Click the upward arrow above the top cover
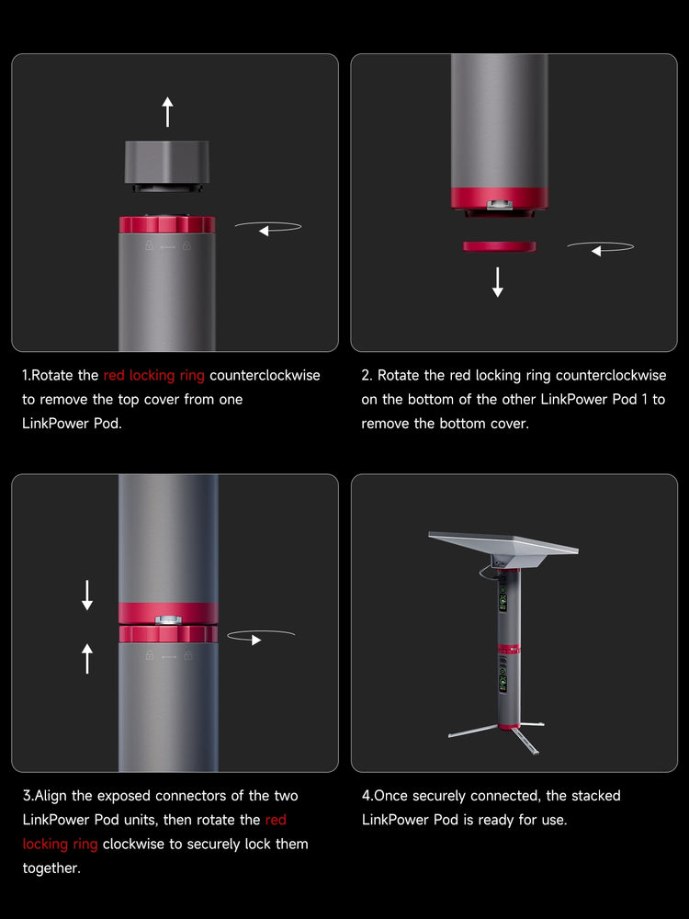click(167, 112)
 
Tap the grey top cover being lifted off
click(167, 166)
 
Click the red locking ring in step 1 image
click(167, 224)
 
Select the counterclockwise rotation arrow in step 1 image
click(268, 227)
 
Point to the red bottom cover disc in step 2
click(499, 246)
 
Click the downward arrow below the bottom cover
click(497, 282)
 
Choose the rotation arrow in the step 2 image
click(601, 248)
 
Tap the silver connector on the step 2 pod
click(499, 204)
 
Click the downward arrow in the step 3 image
click(87, 595)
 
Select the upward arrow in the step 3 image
click(87, 658)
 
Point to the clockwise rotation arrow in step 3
click(261, 637)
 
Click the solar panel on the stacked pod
click(503, 543)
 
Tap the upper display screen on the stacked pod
click(503, 602)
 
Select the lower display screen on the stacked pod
click(503, 683)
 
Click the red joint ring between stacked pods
click(509, 649)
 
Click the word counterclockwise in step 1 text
click(265, 375)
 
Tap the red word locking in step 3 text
click(45, 844)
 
